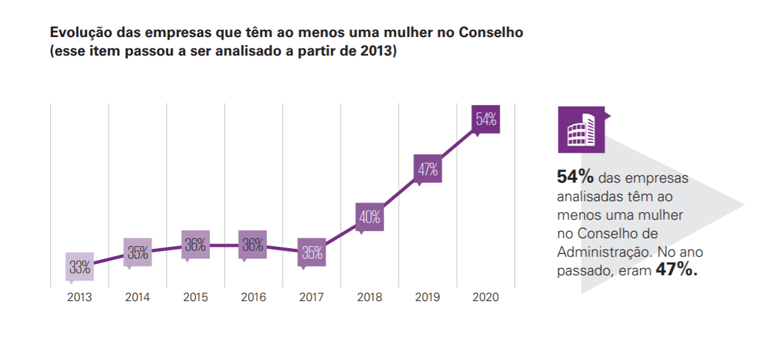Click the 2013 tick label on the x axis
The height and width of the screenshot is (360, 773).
[79, 298]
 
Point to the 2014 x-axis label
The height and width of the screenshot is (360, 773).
[137, 298]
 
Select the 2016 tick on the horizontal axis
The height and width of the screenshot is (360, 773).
[253, 298]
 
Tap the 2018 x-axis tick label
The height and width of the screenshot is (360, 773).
[369, 298]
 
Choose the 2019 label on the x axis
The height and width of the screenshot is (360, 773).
[428, 298]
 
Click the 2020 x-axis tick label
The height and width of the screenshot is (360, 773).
[486, 298]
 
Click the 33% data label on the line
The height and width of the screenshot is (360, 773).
[79, 268]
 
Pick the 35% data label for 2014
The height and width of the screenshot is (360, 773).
[138, 251]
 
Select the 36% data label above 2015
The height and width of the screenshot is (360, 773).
[195, 245]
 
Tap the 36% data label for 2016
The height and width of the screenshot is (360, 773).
[253, 245]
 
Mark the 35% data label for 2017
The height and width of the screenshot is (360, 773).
[312, 252]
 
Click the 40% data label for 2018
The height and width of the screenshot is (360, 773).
[369, 216]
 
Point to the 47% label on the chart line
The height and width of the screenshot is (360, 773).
[428, 169]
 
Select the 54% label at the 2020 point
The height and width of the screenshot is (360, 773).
[486, 120]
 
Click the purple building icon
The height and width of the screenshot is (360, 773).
[581, 129]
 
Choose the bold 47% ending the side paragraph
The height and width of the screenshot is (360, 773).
[676, 269]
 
